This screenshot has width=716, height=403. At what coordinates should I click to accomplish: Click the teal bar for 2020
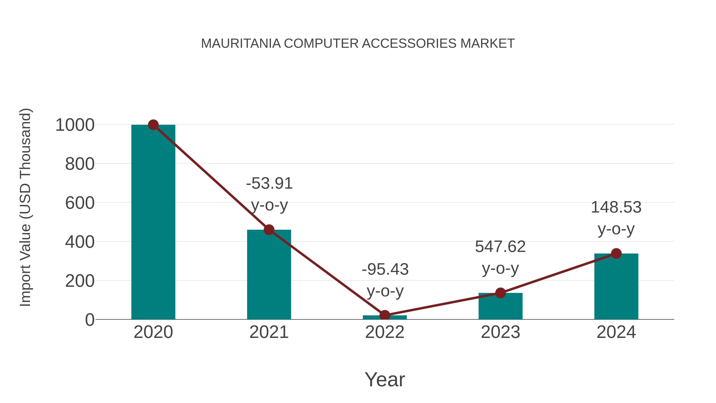tap(153, 222)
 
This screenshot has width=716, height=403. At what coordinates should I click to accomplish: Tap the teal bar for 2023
tap(500, 306)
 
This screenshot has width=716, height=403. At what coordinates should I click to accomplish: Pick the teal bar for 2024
tap(616, 286)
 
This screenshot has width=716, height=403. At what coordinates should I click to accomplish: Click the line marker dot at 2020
tap(153, 125)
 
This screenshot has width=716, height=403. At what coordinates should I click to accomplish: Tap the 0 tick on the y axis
tap(89, 320)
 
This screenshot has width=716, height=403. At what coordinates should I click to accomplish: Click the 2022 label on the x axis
tap(385, 332)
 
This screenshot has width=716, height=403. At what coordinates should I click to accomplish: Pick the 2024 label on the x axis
tap(616, 332)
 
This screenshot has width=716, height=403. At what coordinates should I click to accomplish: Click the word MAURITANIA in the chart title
tap(241, 44)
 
